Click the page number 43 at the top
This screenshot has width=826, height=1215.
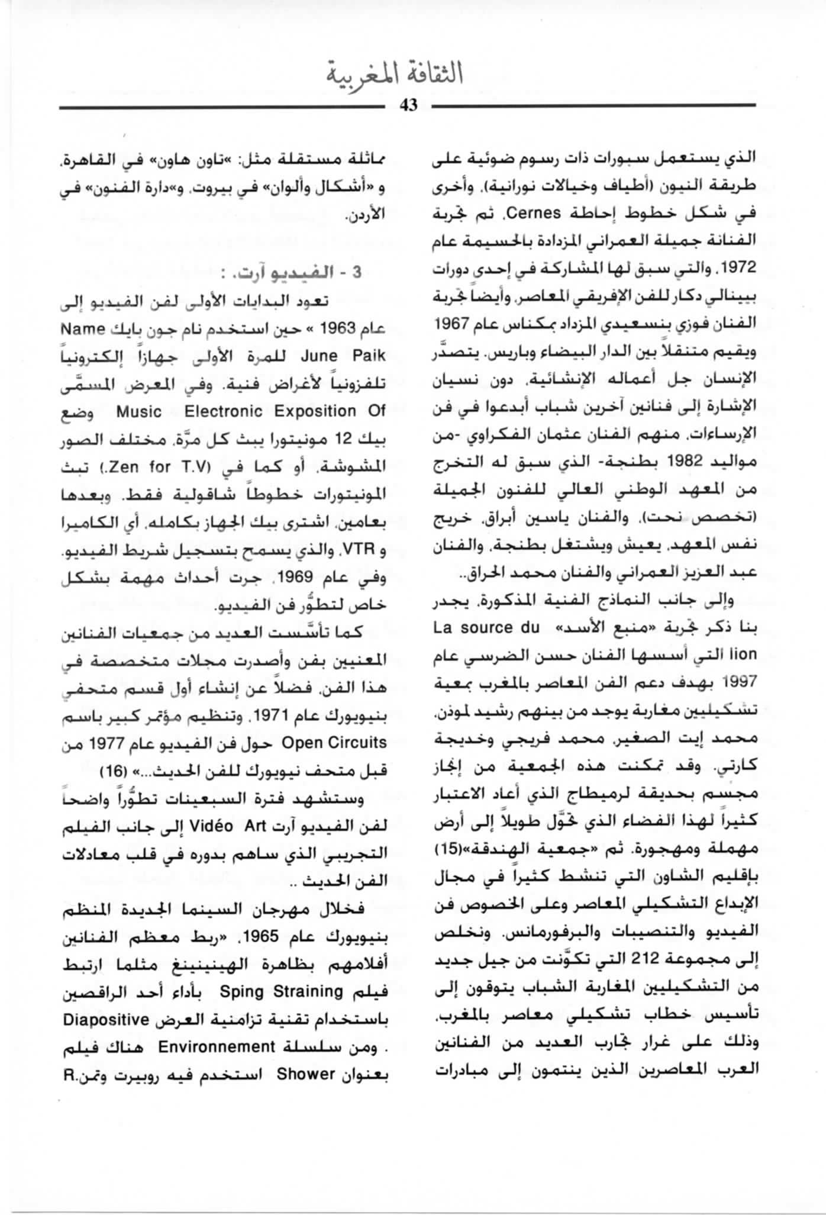click(x=409, y=105)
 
